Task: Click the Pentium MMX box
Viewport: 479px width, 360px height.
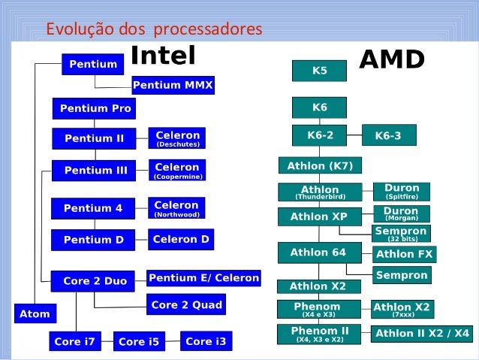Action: (x=173, y=86)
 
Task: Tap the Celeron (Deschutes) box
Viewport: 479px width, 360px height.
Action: (x=177, y=138)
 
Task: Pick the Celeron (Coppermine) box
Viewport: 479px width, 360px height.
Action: (x=177, y=170)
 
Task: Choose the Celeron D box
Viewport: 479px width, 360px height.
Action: (x=181, y=240)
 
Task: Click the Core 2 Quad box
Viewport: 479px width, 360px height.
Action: (x=186, y=304)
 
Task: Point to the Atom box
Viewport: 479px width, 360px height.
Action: (x=35, y=313)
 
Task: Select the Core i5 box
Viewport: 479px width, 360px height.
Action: (x=139, y=342)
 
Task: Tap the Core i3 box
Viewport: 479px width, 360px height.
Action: (x=205, y=341)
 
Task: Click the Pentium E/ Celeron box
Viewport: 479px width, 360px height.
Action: (x=203, y=278)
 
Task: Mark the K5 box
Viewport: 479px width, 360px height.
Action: (x=319, y=71)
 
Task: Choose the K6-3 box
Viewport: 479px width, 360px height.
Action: (x=387, y=136)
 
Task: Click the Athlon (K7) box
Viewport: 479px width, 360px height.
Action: (x=320, y=165)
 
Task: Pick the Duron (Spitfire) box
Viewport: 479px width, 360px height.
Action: (x=401, y=191)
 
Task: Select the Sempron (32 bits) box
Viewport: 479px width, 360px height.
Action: (x=401, y=234)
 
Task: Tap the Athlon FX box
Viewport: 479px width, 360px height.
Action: (x=404, y=254)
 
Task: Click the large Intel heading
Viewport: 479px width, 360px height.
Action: (x=163, y=55)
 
